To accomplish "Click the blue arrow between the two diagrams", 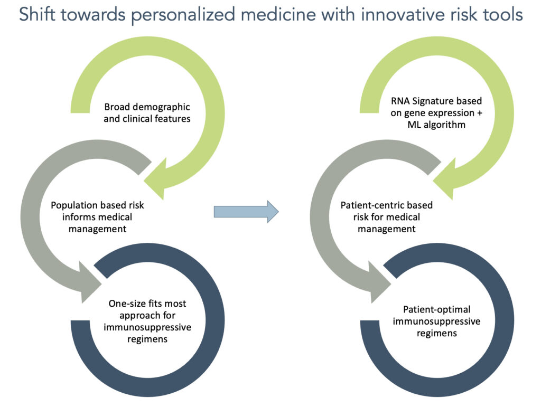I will pyautogui.click(x=246, y=212).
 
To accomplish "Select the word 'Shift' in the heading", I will pyautogui.click(x=36, y=15).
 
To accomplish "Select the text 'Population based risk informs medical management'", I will pyautogui.click(x=97, y=217).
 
